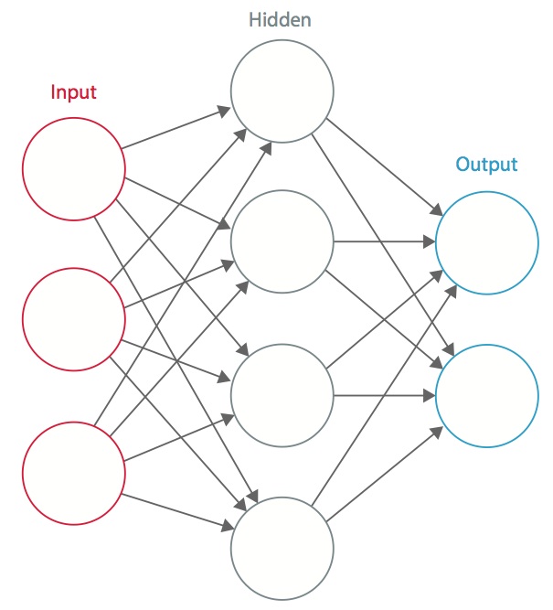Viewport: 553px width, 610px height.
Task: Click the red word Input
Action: click(73, 91)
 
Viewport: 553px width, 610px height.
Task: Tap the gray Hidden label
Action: click(281, 18)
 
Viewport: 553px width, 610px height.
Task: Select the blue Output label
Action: click(486, 166)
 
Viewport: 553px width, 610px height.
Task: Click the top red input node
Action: click(73, 169)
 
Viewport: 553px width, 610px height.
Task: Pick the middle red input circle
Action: click(73, 318)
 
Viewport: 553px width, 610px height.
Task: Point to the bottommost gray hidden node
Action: click(281, 547)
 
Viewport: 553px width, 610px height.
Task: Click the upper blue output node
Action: click(486, 243)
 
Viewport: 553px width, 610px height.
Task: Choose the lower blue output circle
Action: click(486, 395)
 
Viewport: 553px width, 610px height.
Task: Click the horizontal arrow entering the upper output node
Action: click(384, 243)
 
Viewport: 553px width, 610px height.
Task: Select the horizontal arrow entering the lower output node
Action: click(384, 396)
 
